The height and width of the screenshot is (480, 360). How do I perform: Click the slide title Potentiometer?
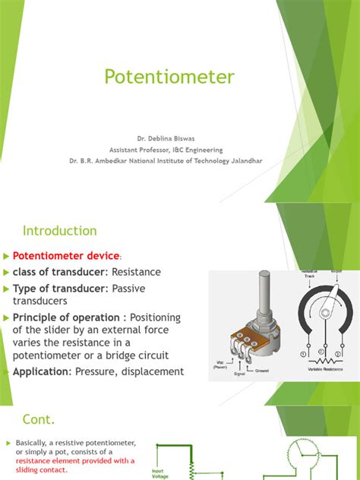(169, 77)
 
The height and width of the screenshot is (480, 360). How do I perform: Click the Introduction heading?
(60, 230)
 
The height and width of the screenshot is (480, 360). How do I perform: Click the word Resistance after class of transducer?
(135, 272)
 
